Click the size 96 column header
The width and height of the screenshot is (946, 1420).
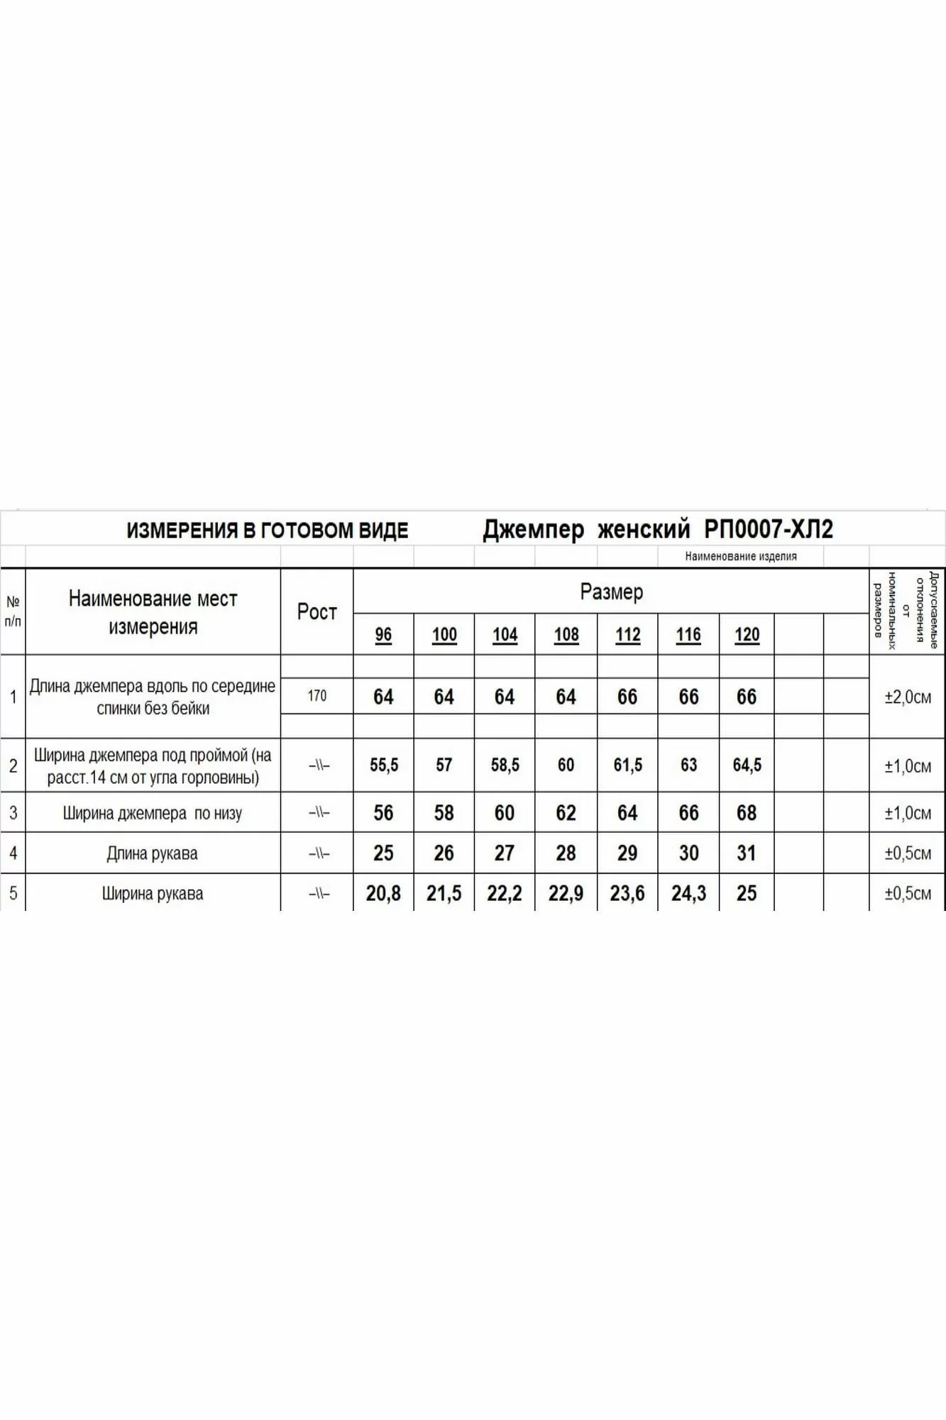coord(383,635)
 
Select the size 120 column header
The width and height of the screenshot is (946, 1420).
coord(747,635)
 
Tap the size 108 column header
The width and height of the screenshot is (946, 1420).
coord(566,635)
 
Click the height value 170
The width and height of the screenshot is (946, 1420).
coord(317,696)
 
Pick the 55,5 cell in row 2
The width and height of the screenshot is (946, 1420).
coord(384,765)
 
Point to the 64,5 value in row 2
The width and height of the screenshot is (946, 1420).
coord(747,765)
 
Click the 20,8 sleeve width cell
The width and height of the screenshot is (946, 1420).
coord(383,893)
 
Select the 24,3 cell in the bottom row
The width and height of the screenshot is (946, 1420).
coord(688,893)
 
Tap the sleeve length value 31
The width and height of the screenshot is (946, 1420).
coord(747,853)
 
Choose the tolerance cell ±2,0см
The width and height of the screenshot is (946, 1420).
coord(908,697)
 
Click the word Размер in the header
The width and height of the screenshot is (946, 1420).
coord(611,591)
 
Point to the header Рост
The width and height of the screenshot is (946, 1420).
coord(317,611)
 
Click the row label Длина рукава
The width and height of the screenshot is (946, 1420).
coord(153,853)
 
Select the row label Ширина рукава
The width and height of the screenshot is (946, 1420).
coord(153,894)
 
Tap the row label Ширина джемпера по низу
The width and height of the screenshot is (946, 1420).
coord(153,813)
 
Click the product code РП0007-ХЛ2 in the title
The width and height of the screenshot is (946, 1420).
coord(769,530)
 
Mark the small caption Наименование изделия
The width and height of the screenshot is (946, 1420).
coord(741,557)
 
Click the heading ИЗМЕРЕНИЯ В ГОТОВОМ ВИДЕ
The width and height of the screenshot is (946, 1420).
coord(267,530)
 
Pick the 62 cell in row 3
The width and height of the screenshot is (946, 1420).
coord(566,812)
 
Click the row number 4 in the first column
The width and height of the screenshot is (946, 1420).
coord(13,853)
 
